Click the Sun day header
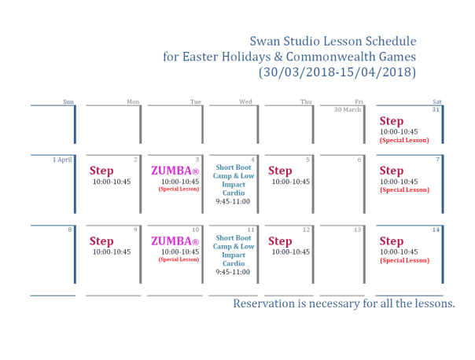click(68, 101)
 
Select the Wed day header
click(245, 101)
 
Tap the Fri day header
click(359, 101)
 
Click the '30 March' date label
click(348, 109)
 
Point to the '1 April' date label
click(63, 160)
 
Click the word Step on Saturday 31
click(392, 121)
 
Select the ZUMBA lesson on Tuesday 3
click(174, 171)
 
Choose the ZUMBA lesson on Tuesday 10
click(174, 241)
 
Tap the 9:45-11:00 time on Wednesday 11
click(233, 272)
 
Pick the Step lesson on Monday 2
click(101, 171)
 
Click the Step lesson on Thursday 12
click(280, 241)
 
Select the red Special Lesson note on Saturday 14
click(404, 260)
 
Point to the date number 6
click(359, 160)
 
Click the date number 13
click(357, 230)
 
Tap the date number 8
click(71, 230)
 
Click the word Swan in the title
click(264, 41)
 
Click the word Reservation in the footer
click(268, 303)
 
